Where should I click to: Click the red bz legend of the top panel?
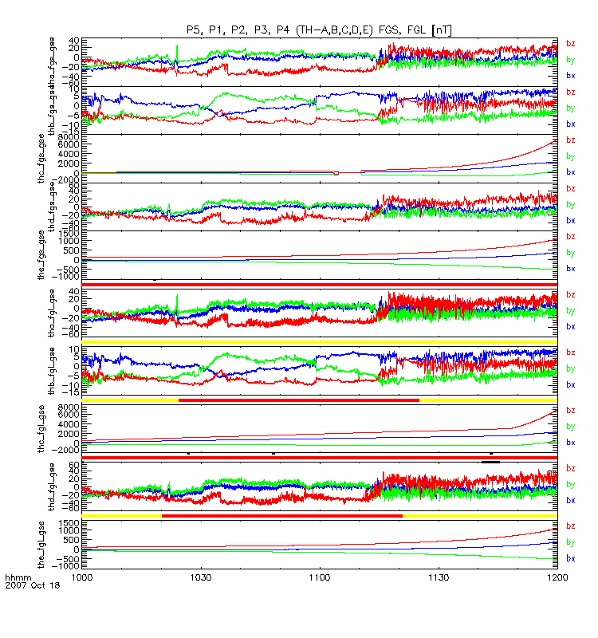(571, 43)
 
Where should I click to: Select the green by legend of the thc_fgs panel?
(571, 156)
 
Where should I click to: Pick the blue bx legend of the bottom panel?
(571, 558)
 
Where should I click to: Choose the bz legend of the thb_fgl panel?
(571, 352)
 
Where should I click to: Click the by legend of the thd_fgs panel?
(571, 204)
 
